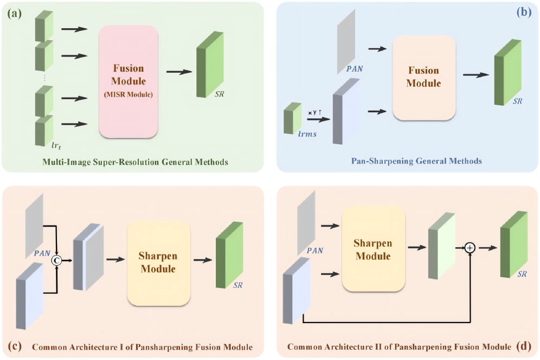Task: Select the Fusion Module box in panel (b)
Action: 423,78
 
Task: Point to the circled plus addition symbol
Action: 470,248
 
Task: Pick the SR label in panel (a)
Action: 219,94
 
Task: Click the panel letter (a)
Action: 14,14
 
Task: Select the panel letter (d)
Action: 523,346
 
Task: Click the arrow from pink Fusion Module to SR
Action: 179,71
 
